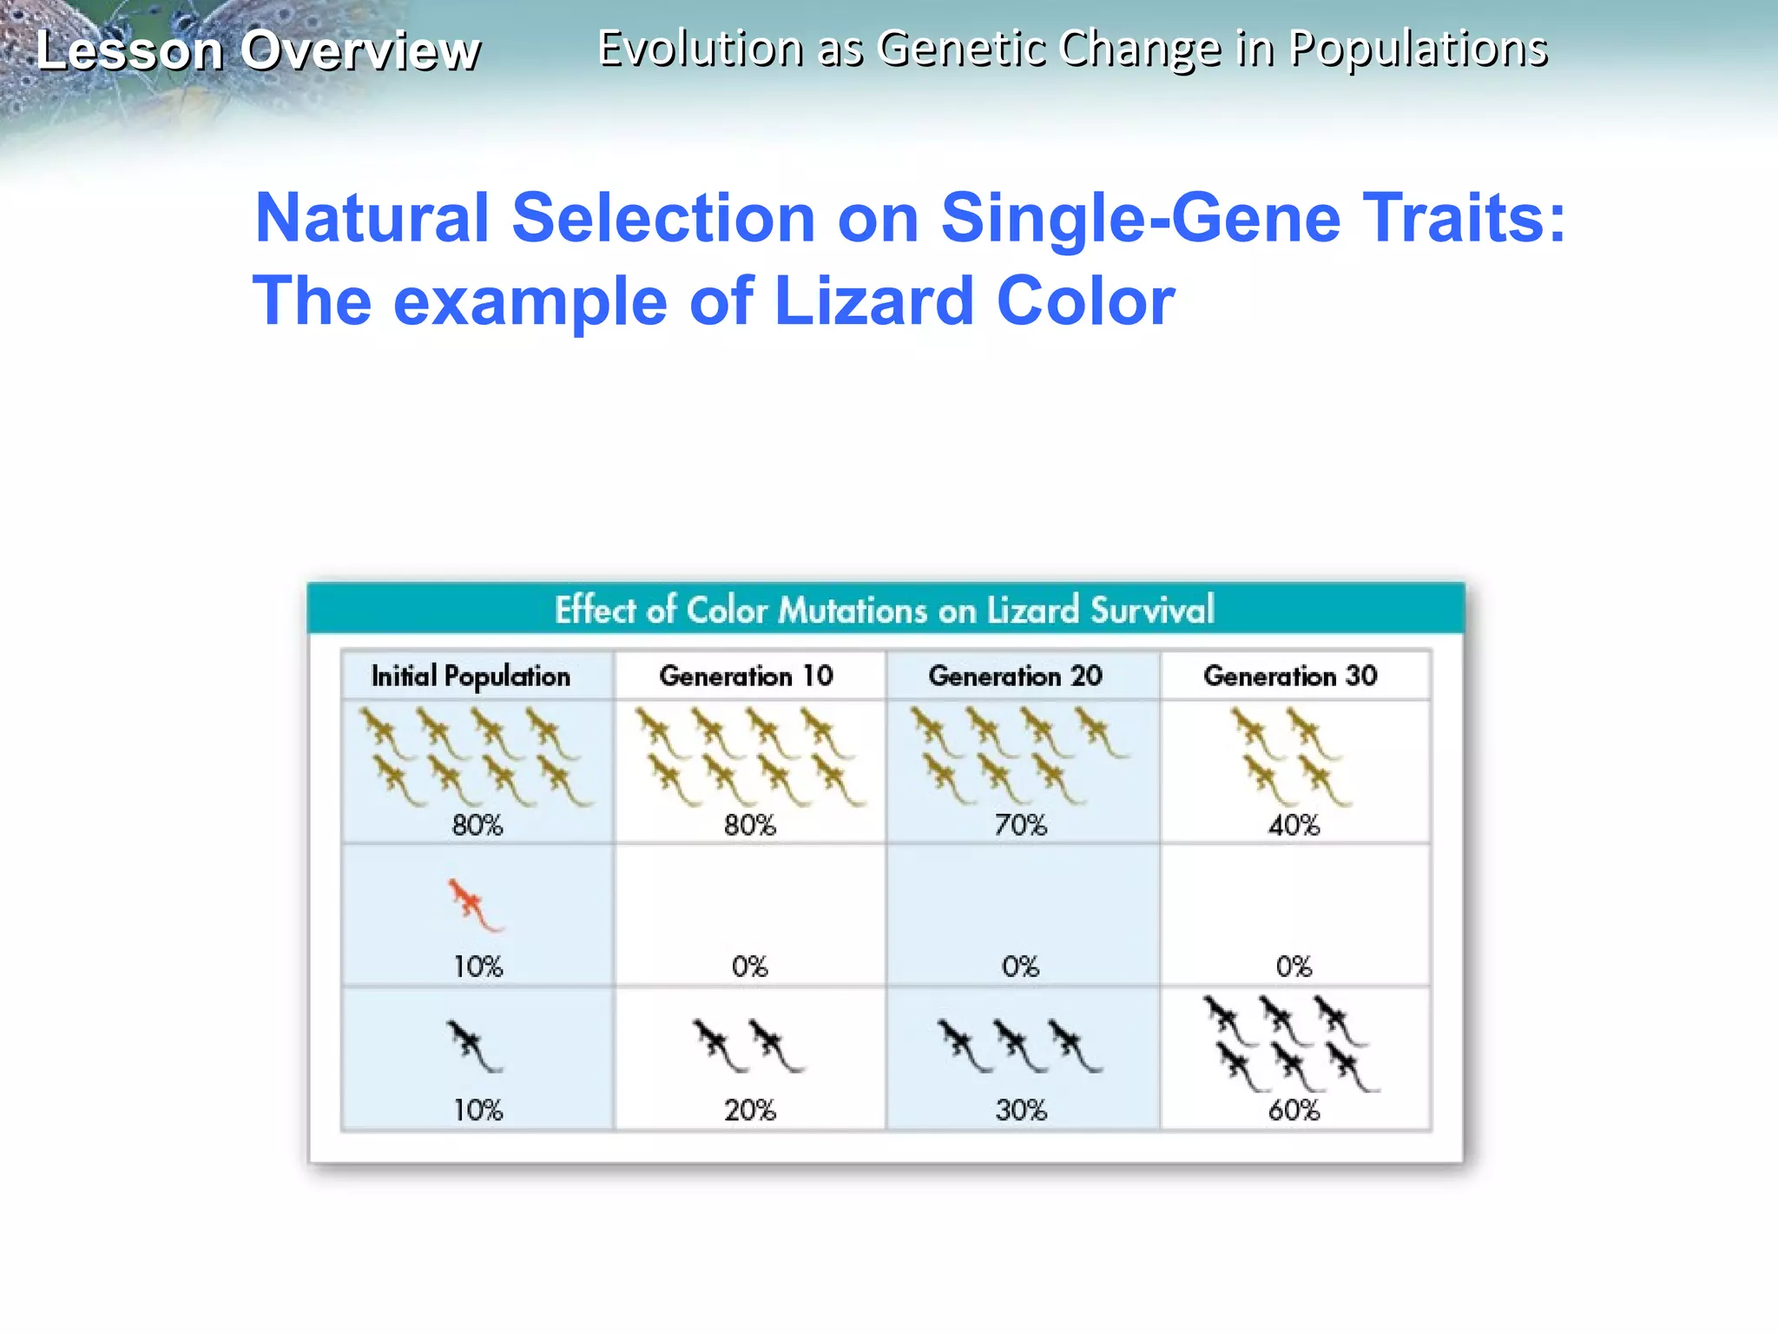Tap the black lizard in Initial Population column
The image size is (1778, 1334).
(473, 1046)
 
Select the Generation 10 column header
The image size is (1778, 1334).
(746, 676)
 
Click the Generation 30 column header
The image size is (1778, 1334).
(1290, 676)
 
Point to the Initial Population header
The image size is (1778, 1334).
(471, 677)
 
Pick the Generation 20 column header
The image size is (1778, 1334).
(1015, 676)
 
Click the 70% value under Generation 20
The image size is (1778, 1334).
(1021, 825)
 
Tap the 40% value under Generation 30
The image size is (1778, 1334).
(1294, 825)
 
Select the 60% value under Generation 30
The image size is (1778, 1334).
(1294, 1110)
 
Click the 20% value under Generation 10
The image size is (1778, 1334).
(750, 1110)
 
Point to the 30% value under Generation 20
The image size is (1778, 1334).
(1021, 1110)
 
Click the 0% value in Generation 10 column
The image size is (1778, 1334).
(750, 967)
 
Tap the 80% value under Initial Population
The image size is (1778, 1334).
(477, 825)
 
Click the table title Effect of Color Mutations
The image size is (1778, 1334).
(884, 610)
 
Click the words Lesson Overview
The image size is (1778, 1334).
(258, 50)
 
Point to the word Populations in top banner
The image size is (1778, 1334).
(1418, 49)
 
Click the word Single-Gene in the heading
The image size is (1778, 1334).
(1141, 218)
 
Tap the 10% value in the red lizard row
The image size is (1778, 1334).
(478, 967)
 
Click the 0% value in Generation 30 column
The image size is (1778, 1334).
(1294, 967)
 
